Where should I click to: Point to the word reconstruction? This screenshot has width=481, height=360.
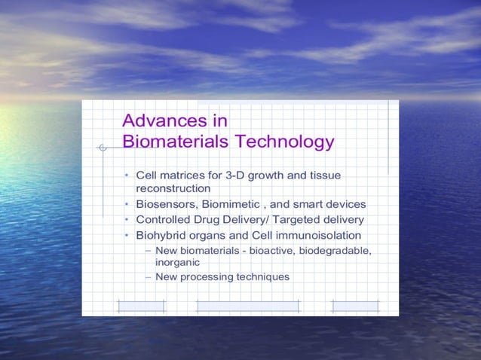pyautogui.click(x=173, y=188)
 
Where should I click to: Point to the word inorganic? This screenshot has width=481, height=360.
pyautogui.click(x=177, y=263)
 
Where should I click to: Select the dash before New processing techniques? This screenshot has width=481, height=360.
pyautogui.click(x=148, y=277)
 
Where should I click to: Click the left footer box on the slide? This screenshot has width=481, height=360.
pyautogui.click(x=141, y=305)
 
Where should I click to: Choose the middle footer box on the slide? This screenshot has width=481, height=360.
pyautogui.click(x=247, y=305)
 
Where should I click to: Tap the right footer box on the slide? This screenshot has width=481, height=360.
pyautogui.click(x=355, y=305)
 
